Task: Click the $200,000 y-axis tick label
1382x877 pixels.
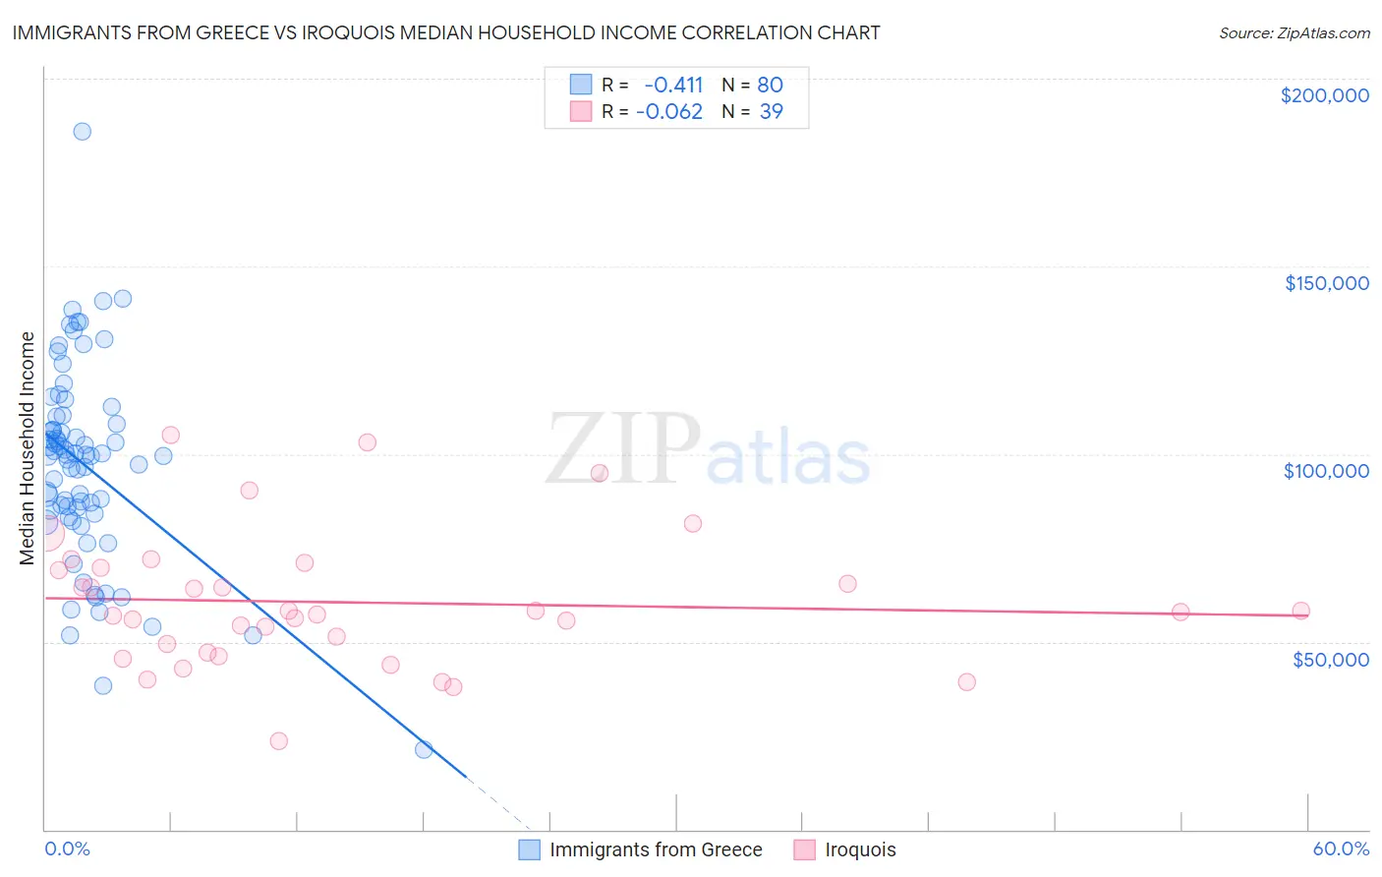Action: [1324, 95]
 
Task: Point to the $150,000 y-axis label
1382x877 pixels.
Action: [1326, 283]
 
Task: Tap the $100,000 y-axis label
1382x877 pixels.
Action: [1326, 471]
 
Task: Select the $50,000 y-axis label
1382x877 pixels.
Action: [1330, 659]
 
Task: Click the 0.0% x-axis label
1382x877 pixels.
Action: [67, 848]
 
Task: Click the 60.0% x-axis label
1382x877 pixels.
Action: [1341, 848]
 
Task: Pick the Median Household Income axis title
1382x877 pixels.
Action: [27, 448]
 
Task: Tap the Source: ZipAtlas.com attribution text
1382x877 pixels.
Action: [1294, 32]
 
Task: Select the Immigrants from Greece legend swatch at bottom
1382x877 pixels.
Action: [530, 849]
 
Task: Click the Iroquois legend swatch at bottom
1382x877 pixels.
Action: [805, 849]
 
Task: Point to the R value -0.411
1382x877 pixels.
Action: [673, 85]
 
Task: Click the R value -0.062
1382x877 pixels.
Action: [669, 111]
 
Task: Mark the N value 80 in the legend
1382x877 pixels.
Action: [770, 85]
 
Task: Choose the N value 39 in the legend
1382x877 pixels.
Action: [771, 111]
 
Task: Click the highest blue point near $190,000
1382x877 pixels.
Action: [83, 131]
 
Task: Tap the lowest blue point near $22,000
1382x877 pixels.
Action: [424, 749]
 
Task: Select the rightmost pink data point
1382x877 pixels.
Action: [1300, 611]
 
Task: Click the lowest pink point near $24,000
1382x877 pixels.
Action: [279, 740]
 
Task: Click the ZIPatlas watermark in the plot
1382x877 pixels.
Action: [708, 450]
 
